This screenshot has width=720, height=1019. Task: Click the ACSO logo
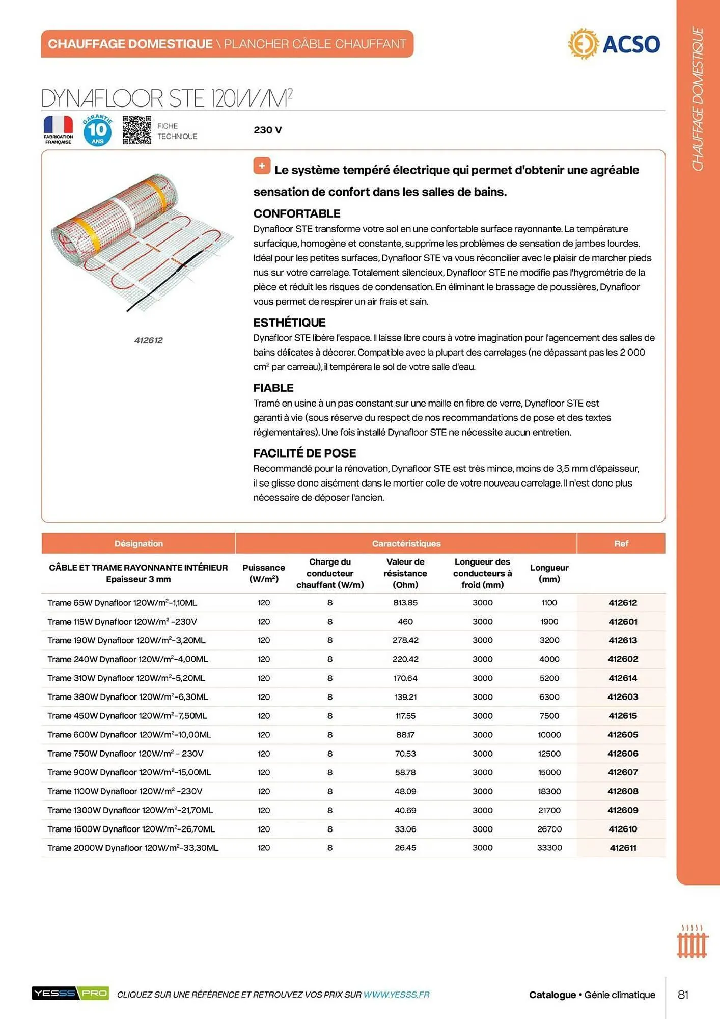[614, 44]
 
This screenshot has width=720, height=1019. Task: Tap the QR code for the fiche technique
[136, 130]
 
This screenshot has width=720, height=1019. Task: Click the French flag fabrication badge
[58, 129]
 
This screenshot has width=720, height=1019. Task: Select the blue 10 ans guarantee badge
[97, 130]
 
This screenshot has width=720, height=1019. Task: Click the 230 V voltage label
[267, 130]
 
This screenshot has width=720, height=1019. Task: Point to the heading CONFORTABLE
[296, 213]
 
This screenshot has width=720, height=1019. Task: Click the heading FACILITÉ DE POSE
[304, 453]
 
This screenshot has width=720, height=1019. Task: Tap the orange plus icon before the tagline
[262, 166]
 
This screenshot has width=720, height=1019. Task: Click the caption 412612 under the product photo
[148, 340]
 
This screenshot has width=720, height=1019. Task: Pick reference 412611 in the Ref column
[622, 848]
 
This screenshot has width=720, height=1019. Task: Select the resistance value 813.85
[405, 602]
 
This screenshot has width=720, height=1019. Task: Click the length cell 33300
[549, 848]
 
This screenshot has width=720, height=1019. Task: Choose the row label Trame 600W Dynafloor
[129, 734]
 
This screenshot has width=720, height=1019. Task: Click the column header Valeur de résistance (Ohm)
[405, 573]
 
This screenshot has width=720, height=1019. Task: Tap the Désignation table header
[139, 543]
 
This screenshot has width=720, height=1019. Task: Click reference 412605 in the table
[622, 734]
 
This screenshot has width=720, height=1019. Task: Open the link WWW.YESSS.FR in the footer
[396, 995]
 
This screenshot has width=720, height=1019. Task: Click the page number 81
[683, 995]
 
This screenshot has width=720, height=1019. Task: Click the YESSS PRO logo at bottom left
[70, 993]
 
